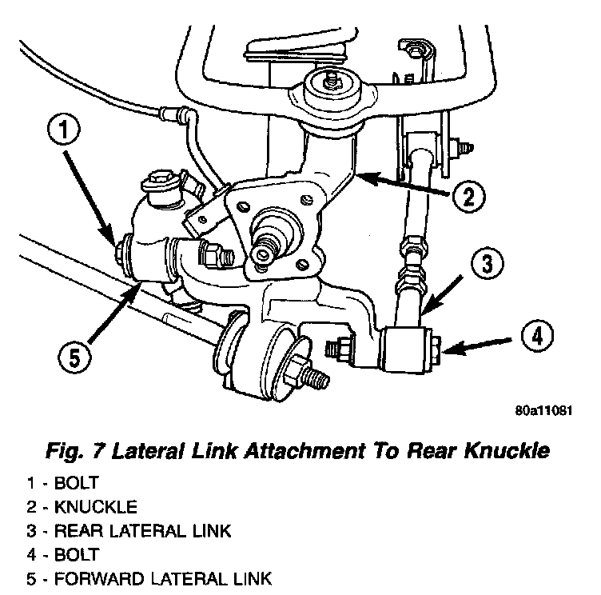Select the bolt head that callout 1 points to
click(124, 250)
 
